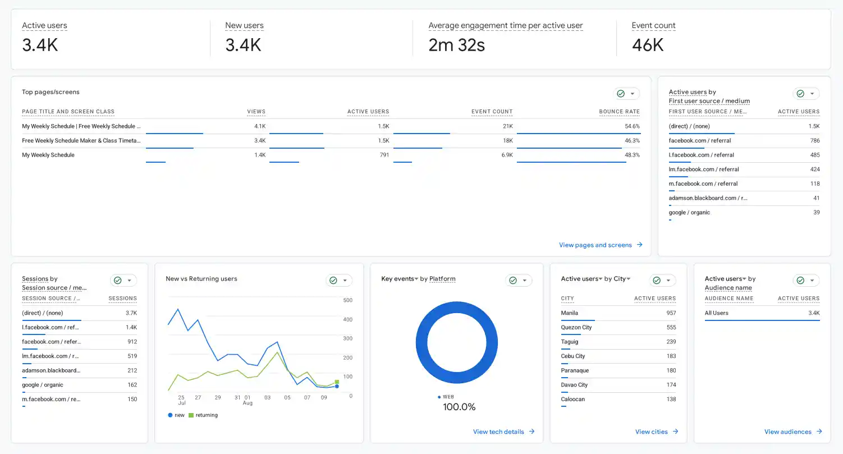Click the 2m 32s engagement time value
[x=456, y=45]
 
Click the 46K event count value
[x=647, y=45]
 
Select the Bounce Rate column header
[x=620, y=112]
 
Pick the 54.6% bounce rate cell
[x=632, y=126]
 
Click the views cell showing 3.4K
[x=260, y=140]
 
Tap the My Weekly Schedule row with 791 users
[x=48, y=155]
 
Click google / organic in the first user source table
[x=689, y=212]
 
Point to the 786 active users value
[x=815, y=140]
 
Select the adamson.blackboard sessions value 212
[x=132, y=370]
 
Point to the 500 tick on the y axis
[x=348, y=300]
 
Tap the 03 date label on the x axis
[x=267, y=397]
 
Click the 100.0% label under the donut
[x=459, y=407]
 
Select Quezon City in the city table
[x=576, y=327]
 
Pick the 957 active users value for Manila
[x=671, y=313]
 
